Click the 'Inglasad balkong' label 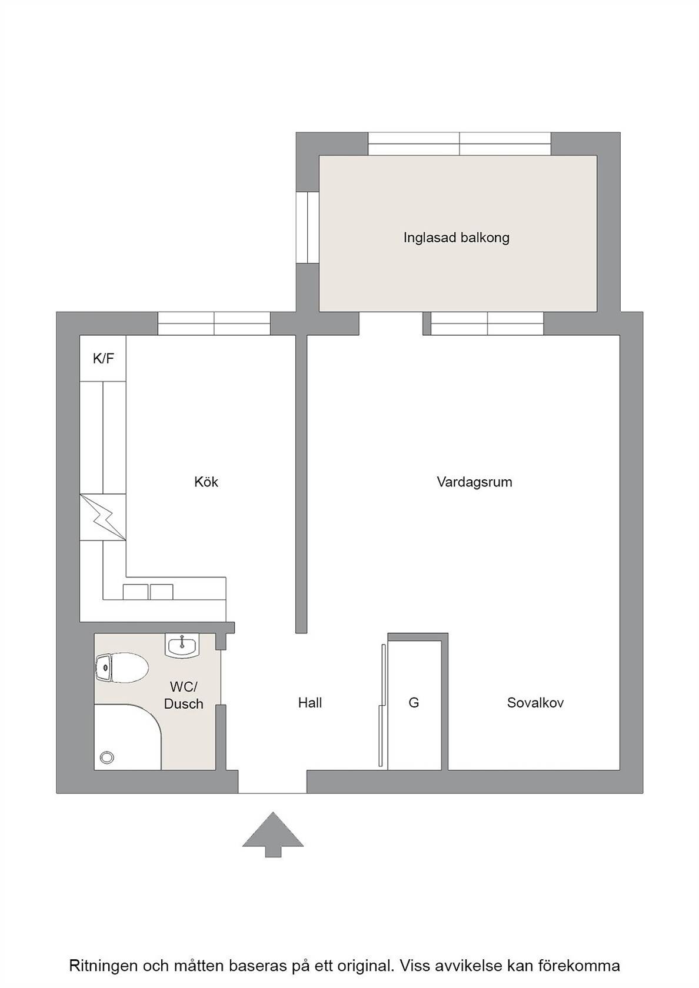click(457, 238)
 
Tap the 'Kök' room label click(206, 482)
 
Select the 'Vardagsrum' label click(474, 482)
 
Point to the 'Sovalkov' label click(535, 702)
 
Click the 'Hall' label click(309, 702)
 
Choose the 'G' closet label click(414, 702)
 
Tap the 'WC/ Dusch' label click(184, 695)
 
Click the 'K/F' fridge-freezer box click(103, 358)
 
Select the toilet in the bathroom click(121, 667)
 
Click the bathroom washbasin click(182, 646)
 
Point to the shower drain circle click(107, 757)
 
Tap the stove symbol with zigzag click(103, 516)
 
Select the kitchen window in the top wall click(214, 323)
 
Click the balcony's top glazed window click(460, 143)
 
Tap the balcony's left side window click(308, 228)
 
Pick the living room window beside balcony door click(487, 323)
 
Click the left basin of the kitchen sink click(135, 592)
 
